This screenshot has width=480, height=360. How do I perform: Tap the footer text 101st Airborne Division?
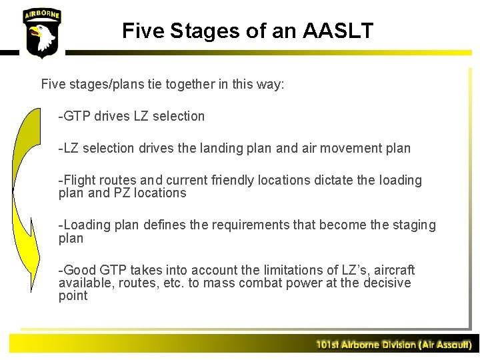[x=393, y=345]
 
